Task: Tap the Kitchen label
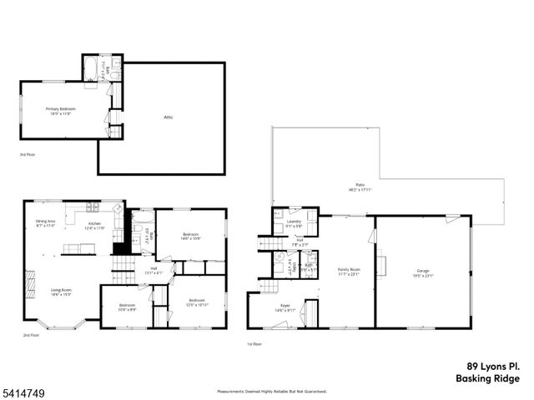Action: click(94, 225)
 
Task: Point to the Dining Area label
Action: click(44, 223)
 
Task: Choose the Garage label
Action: click(423, 272)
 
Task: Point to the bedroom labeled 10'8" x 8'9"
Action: click(126, 307)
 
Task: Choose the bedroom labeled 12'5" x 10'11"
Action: click(197, 302)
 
